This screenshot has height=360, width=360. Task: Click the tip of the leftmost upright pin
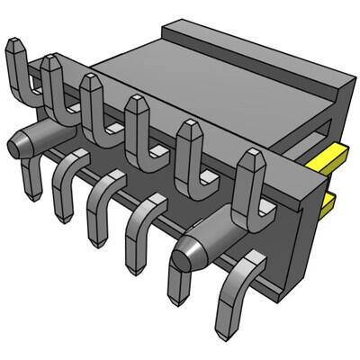(16, 45)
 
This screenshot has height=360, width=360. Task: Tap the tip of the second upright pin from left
(51, 62)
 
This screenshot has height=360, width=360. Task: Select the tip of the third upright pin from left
(90, 82)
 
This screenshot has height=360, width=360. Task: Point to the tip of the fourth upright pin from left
(137, 103)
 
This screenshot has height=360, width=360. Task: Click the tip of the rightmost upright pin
(249, 160)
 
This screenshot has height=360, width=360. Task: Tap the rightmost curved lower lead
(245, 288)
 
